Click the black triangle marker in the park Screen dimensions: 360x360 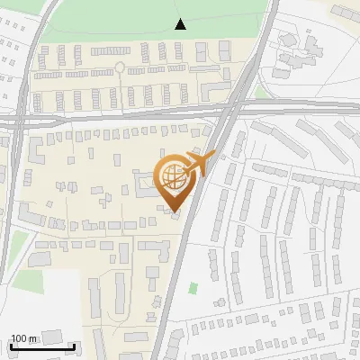tap(181, 24)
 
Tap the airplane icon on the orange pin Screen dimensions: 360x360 tap(197, 164)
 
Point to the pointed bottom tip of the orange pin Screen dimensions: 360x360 tap(175, 211)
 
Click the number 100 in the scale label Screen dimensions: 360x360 tap(20, 338)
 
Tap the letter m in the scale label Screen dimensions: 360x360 tap(34, 338)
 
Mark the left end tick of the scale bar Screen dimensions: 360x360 tap(11, 346)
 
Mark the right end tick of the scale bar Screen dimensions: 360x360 tap(75, 346)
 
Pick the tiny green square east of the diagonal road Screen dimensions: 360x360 tap(193, 289)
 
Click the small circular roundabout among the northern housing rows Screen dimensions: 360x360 tap(120, 67)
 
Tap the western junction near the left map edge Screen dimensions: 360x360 tap(18, 118)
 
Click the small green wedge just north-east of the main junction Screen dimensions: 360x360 tap(261, 92)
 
